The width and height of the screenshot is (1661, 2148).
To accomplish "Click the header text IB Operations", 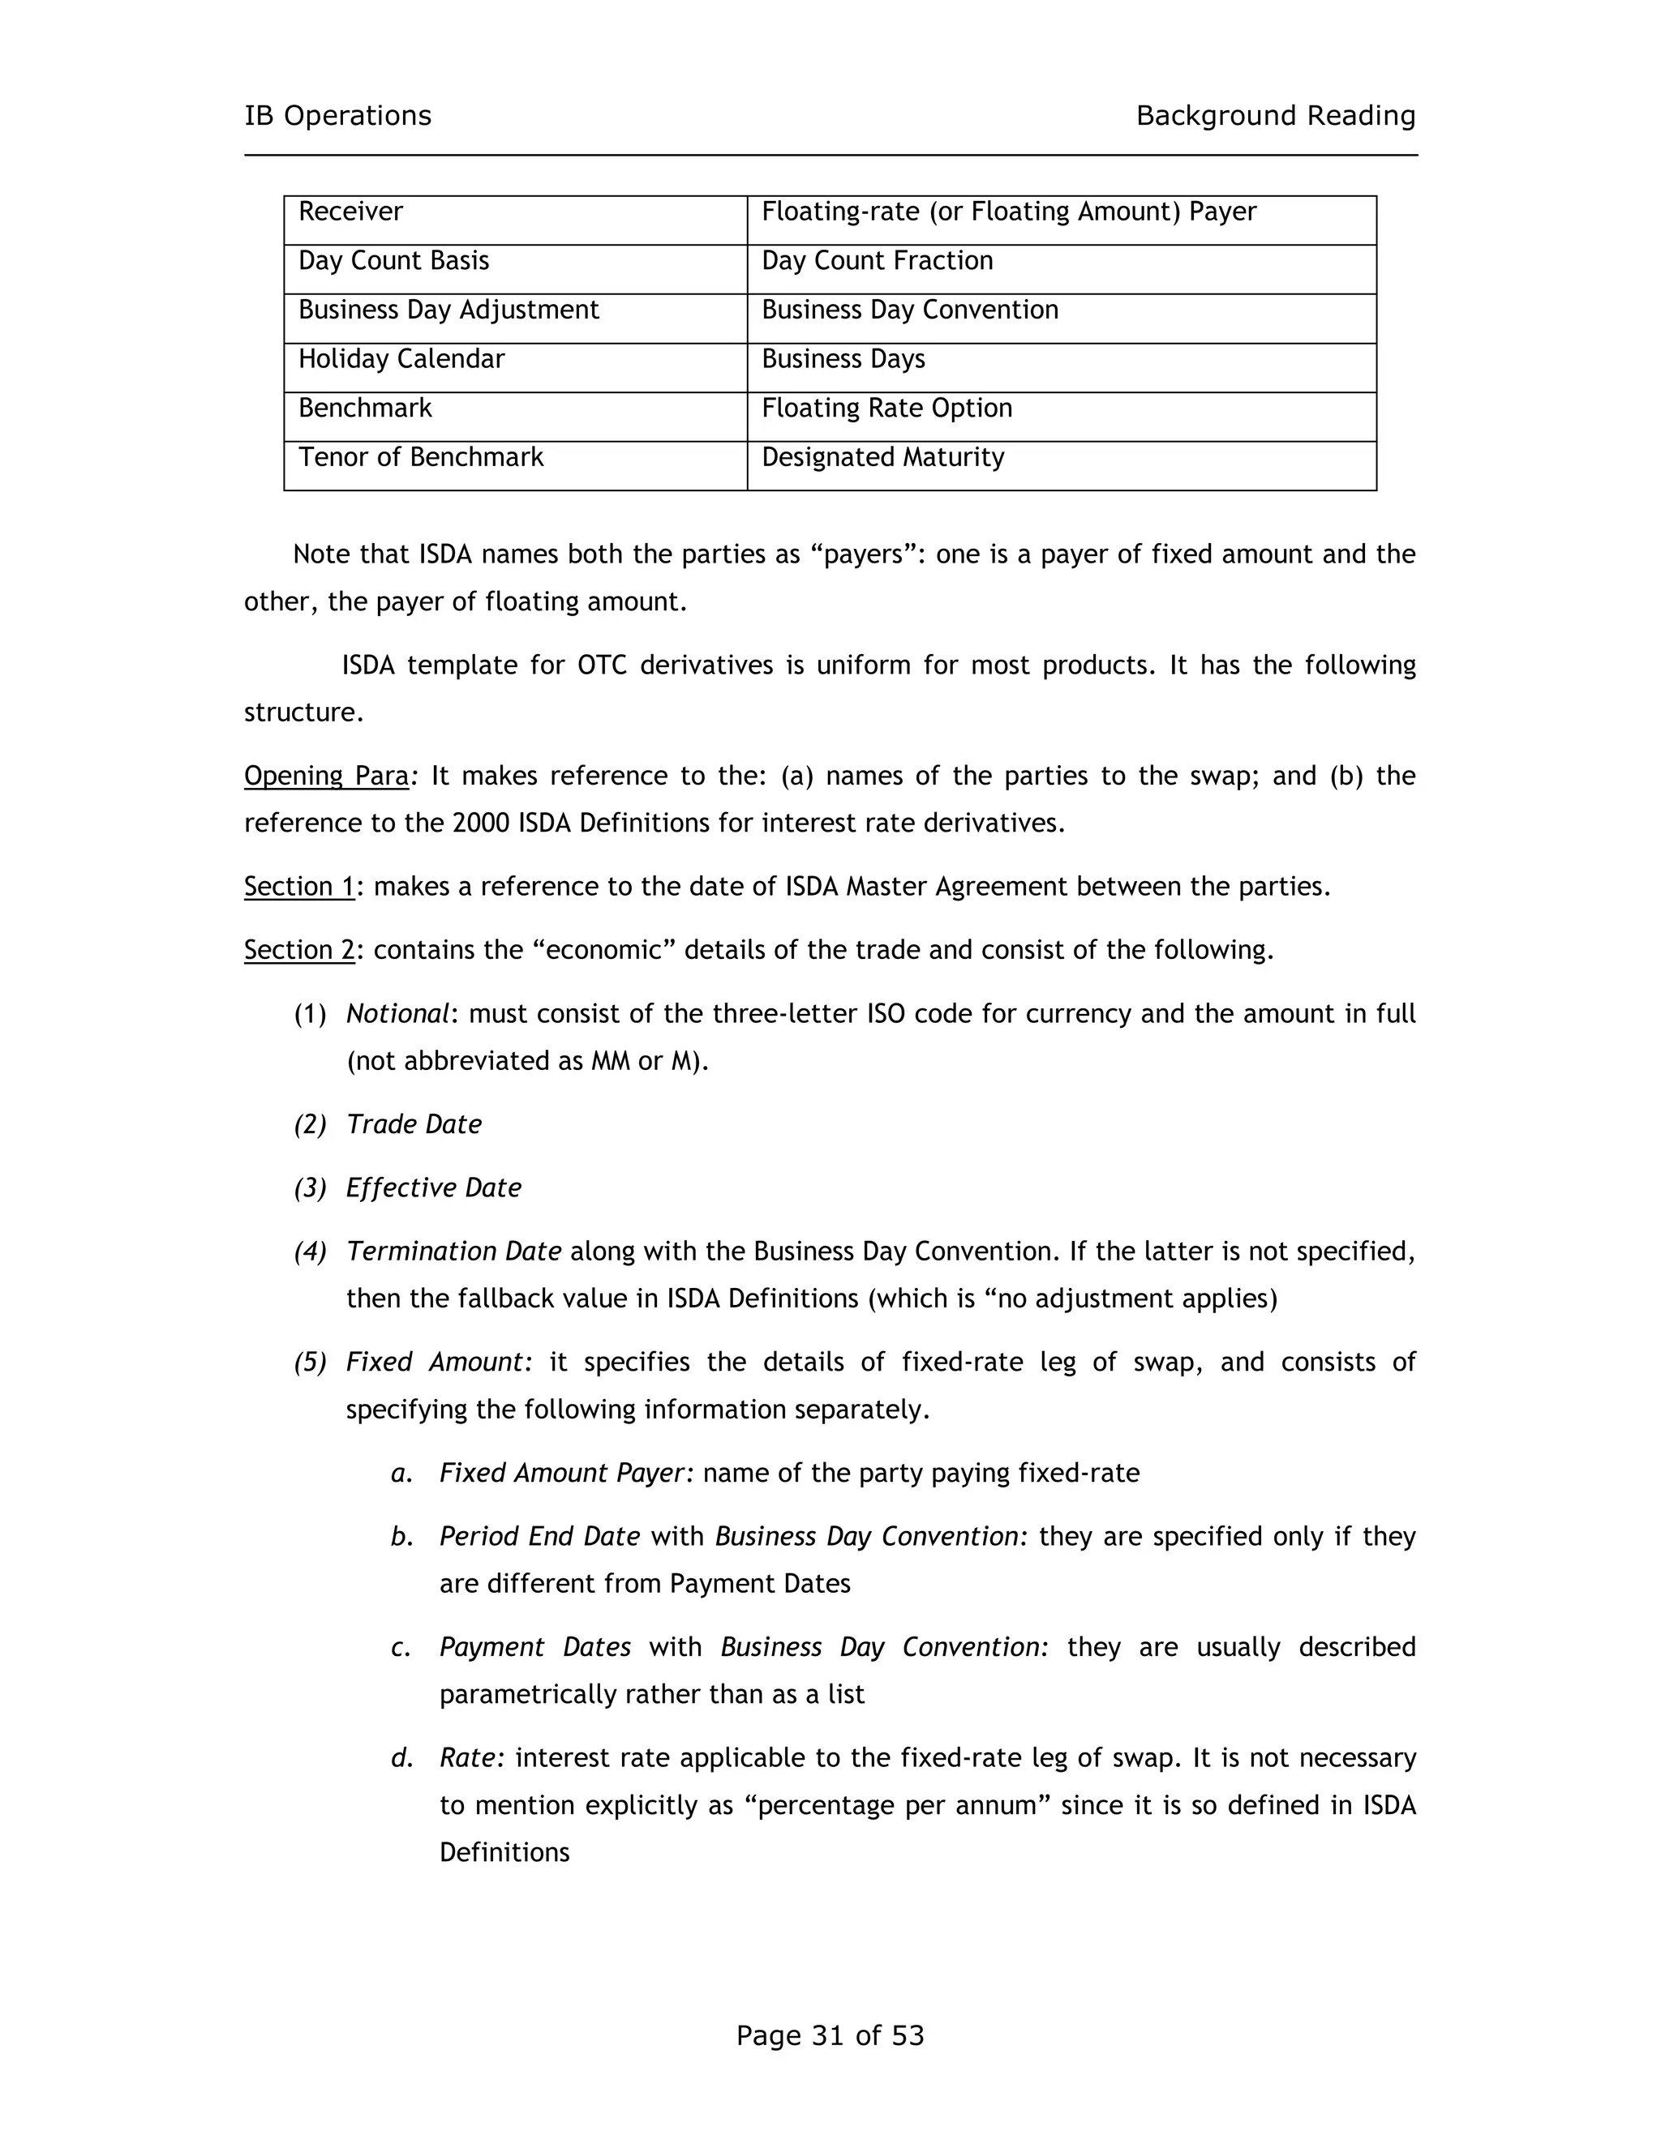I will pos(337,116).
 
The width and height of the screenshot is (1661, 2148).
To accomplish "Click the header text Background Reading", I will pos(1275,116).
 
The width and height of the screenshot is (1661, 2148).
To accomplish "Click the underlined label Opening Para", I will pos(326,776).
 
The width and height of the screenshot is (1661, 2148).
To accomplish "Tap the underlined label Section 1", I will pos(298,887).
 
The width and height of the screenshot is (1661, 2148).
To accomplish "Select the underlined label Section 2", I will pos(298,950).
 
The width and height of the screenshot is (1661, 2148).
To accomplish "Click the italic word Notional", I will pos(397,1014).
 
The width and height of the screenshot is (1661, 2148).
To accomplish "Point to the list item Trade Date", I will pos(414,1125).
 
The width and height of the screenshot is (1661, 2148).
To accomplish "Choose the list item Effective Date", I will pos(433,1188).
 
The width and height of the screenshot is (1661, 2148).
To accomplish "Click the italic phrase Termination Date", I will pos(453,1252).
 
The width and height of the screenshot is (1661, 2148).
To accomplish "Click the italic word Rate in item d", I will pos(470,1759).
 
